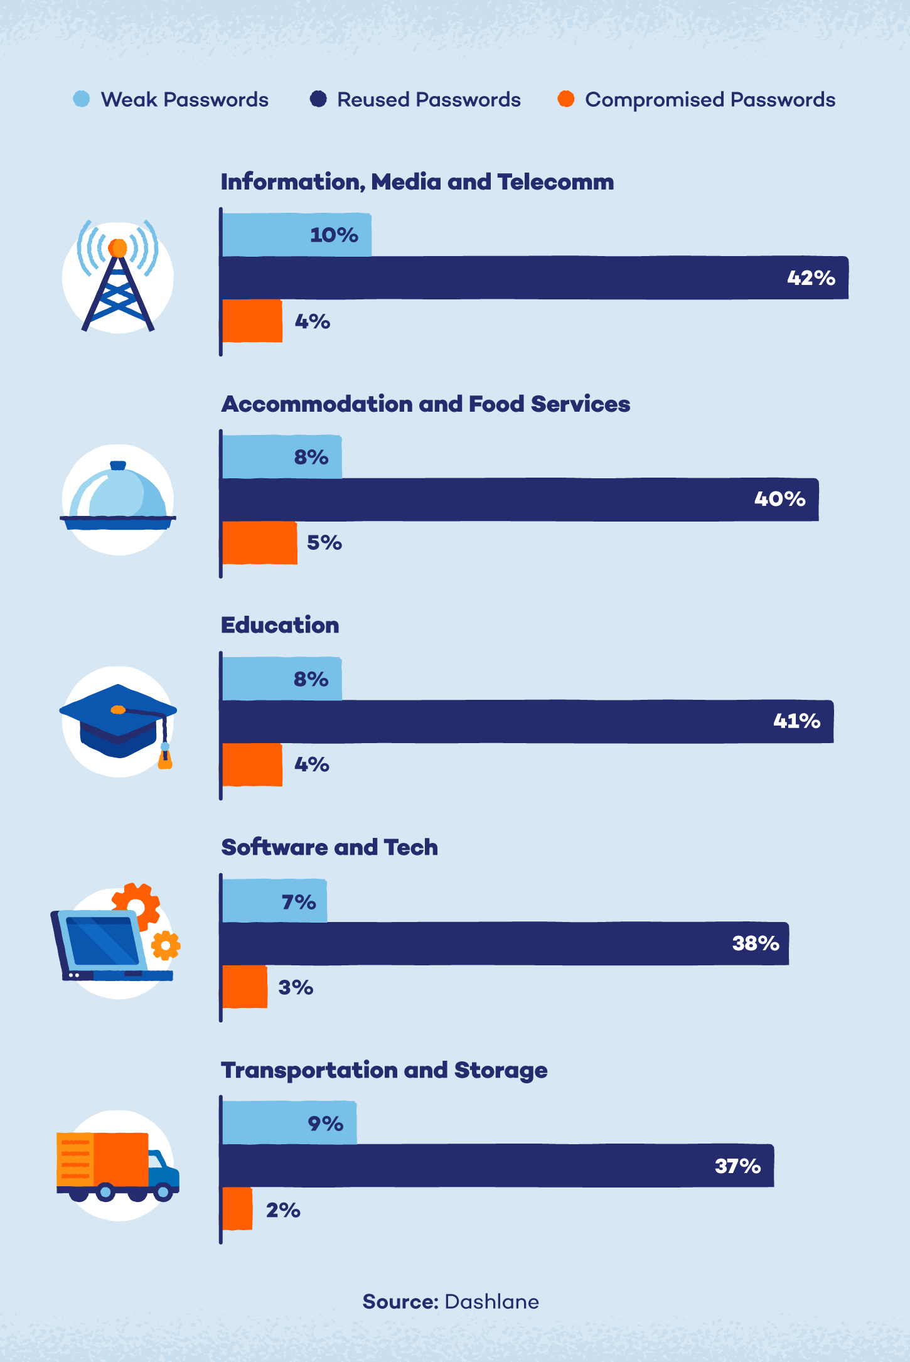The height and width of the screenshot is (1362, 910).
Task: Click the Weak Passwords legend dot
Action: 82,99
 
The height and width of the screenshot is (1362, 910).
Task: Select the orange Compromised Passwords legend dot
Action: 566,99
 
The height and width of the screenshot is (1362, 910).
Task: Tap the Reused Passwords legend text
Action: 429,100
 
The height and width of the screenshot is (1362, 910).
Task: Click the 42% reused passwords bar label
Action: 811,278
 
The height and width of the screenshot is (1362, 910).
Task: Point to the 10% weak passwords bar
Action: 296,235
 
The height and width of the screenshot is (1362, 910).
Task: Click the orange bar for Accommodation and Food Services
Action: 259,543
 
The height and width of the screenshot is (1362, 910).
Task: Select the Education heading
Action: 280,625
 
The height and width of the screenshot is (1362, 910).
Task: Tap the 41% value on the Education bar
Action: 796,721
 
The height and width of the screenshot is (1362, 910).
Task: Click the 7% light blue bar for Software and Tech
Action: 274,901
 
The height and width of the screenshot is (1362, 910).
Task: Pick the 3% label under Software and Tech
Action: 296,987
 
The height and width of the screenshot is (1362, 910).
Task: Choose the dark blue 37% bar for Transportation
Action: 496,1166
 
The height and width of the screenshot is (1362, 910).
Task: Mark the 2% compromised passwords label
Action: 283,1210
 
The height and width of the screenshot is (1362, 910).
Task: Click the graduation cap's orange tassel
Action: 165,761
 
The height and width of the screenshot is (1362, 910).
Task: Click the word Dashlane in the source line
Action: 491,1302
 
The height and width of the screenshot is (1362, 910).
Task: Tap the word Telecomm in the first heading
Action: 555,182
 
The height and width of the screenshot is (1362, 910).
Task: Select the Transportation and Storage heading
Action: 384,1070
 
